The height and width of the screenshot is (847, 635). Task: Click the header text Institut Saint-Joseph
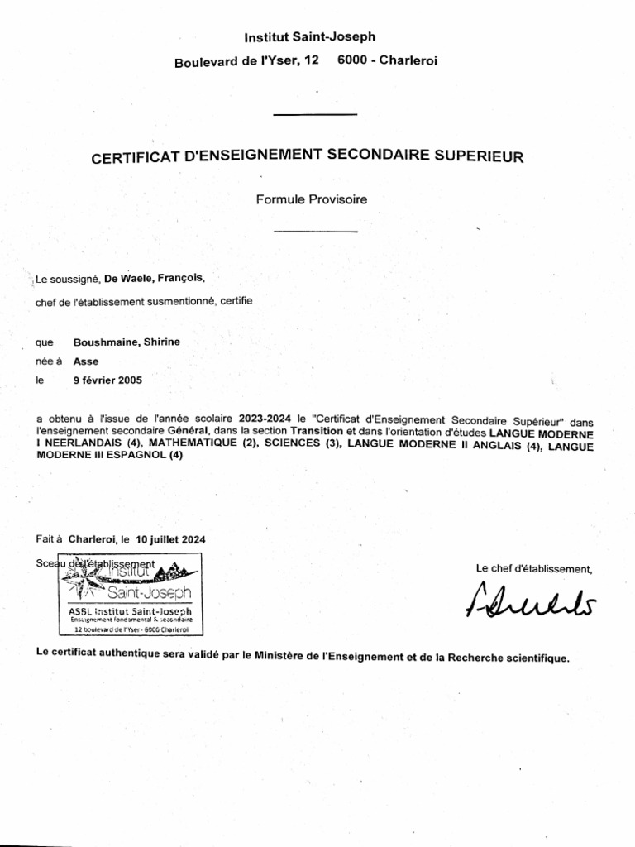point(309,36)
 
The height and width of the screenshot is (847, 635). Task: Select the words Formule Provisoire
point(311,199)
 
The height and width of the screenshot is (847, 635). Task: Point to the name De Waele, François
point(153,279)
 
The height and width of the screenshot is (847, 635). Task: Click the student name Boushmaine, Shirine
point(127,342)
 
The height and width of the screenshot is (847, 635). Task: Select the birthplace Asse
point(86,361)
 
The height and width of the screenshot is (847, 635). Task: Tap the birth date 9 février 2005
point(107,380)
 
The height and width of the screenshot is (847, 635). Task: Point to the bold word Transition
point(317,433)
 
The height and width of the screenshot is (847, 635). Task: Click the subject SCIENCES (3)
point(303,444)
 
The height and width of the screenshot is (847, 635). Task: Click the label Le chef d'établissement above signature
point(534,568)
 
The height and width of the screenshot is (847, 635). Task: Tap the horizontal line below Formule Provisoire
point(315,231)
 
